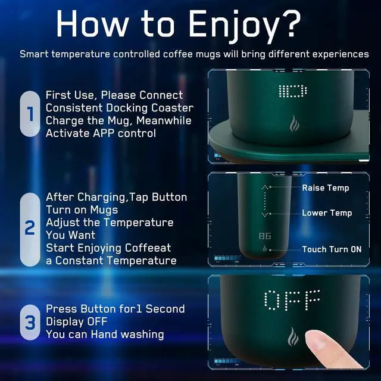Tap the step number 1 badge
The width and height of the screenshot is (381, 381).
click(30, 114)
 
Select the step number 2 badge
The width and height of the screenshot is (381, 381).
click(30, 229)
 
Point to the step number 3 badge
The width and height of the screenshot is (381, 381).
click(30, 322)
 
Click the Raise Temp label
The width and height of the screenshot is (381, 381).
click(326, 188)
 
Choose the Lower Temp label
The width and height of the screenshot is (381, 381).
click(327, 213)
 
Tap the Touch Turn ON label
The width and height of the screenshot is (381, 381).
click(332, 249)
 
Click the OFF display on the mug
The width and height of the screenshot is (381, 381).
click(292, 300)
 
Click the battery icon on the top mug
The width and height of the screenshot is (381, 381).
click(292, 91)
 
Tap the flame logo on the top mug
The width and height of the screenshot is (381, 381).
click(293, 124)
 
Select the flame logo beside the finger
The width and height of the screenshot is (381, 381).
click(293, 336)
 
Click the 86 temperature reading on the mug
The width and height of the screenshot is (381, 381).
click(265, 236)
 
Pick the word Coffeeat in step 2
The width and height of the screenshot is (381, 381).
click(148, 248)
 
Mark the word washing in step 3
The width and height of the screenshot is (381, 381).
click(142, 335)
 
